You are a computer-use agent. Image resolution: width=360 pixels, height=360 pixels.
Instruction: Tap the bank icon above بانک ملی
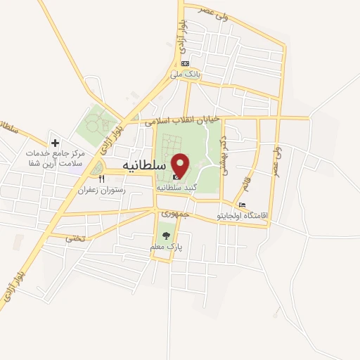(x=185, y=63)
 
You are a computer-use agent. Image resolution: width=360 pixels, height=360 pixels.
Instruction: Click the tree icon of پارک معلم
(x=166, y=236)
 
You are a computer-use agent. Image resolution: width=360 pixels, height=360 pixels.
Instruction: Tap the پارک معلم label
(x=166, y=247)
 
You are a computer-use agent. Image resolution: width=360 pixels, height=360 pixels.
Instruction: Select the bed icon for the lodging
(x=242, y=205)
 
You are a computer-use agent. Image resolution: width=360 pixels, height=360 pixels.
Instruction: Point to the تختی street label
(x=75, y=238)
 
